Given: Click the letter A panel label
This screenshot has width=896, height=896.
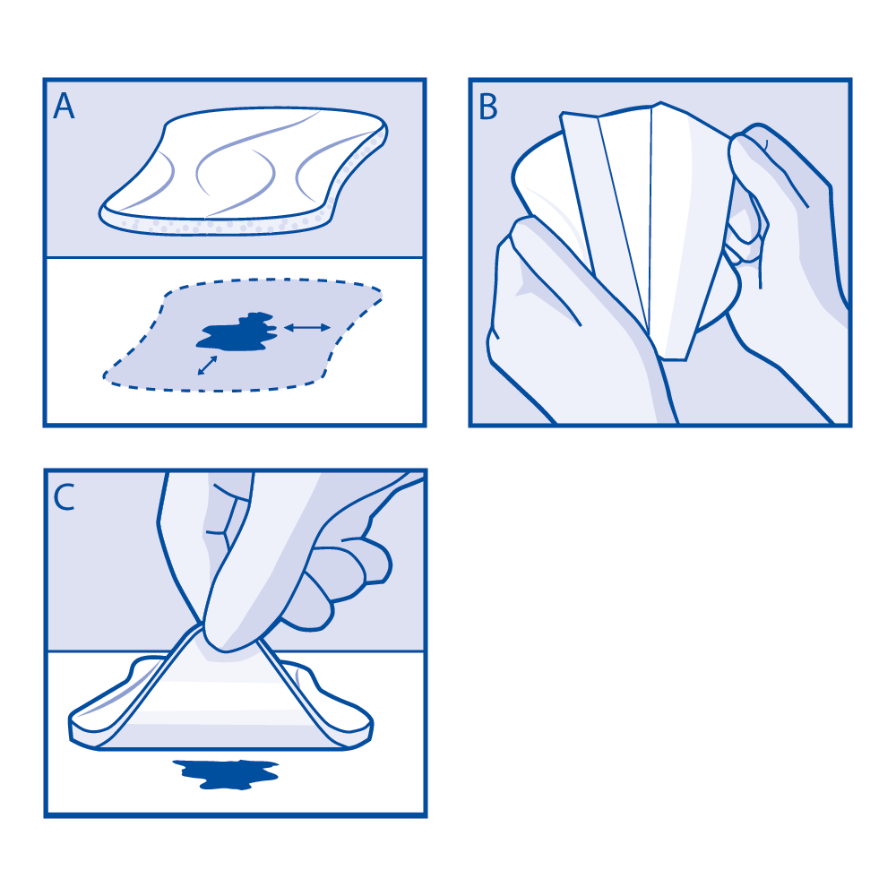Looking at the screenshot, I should coord(64,107).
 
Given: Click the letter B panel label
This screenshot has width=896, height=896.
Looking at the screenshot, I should coord(488,107).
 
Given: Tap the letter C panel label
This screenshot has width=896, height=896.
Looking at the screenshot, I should coord(64,497).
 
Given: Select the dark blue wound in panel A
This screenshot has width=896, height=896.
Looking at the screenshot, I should coord(236,332).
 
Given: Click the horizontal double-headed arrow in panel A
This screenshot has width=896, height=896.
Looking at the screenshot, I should coord(306,329).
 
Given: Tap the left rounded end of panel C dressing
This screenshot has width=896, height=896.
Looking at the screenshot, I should coord(90,721).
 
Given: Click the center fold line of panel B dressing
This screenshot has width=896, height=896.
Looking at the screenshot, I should coord(650,224).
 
